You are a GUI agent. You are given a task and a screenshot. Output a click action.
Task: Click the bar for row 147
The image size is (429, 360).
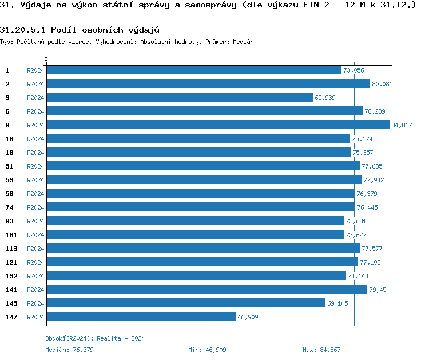tap(141, 317)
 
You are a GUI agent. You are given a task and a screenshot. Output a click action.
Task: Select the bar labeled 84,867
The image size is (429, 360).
tap(218, 125)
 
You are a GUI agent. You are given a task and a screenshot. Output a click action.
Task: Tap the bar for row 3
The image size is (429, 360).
tap(180, 97)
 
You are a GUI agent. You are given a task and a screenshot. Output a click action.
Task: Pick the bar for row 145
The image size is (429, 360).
tap(186, 303)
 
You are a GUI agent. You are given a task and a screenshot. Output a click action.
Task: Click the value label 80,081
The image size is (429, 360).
tap(382, 84)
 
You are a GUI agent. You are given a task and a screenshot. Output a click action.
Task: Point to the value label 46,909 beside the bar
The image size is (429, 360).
tap(248, 317)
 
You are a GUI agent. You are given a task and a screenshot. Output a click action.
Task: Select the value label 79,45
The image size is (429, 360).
tap(378, 290)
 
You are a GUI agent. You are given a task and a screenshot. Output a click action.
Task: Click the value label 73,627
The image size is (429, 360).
tap(356, 235)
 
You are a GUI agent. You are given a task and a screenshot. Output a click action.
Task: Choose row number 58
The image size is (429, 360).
tap(9, 193)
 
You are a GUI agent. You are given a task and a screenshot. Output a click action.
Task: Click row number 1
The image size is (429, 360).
tap(7, 70)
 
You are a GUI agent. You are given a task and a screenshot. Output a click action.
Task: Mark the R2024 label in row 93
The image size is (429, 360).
tap(35, 221)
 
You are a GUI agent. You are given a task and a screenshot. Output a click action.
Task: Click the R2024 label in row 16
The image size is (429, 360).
tap(35, 139)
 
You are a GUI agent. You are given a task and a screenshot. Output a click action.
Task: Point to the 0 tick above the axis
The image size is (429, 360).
tap(46, 59)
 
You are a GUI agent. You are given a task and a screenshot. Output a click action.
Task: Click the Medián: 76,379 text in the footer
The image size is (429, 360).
tap(70, 350)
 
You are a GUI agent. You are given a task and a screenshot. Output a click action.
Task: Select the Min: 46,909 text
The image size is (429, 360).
tap(207, 350)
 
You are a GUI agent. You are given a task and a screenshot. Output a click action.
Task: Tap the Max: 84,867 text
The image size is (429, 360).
tap(321, 350)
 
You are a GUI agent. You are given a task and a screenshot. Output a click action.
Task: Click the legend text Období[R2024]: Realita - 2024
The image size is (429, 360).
tap(95, 338)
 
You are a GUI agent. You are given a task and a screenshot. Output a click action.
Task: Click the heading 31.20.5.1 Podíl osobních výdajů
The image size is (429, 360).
tap(80, 29)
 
